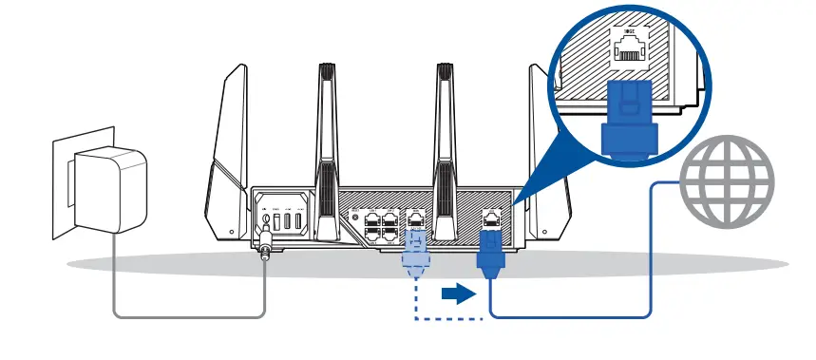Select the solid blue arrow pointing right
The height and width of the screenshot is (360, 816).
[x=458, y=294]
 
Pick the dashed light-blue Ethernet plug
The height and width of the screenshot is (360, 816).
[x=415, y=254]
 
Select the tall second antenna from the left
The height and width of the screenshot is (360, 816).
[x=325, y=142]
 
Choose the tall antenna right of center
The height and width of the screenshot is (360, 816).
[x=443, y=142]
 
